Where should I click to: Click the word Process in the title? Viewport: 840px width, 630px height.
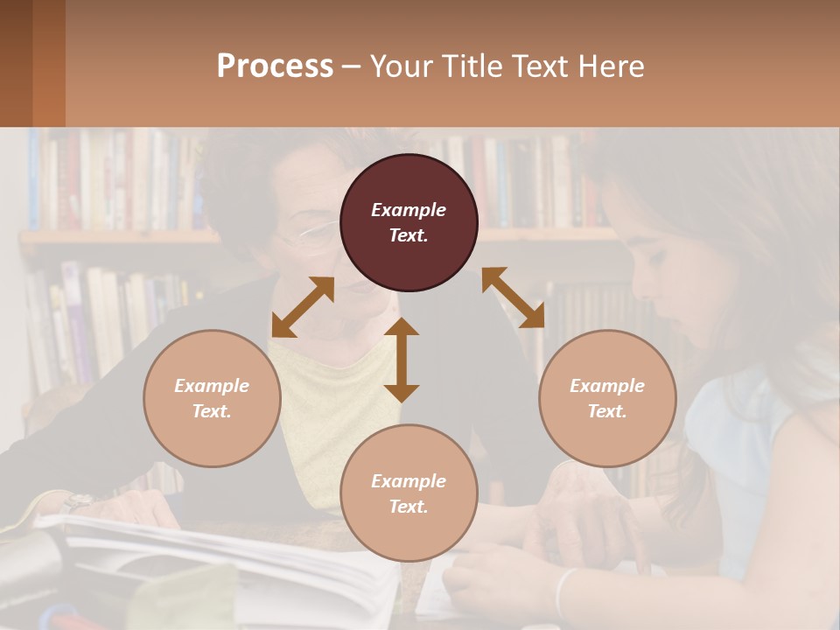coord(275,66)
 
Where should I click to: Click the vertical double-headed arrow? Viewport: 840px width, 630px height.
coord(402,360)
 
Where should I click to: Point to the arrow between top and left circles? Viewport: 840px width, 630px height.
coord(303,307)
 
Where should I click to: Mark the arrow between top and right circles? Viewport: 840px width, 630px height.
coord(513,297)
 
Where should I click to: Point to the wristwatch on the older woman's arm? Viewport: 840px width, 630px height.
coord(77,501)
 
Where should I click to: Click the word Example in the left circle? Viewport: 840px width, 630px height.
coord(212,386)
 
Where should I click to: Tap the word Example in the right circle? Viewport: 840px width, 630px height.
coord(607,386)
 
